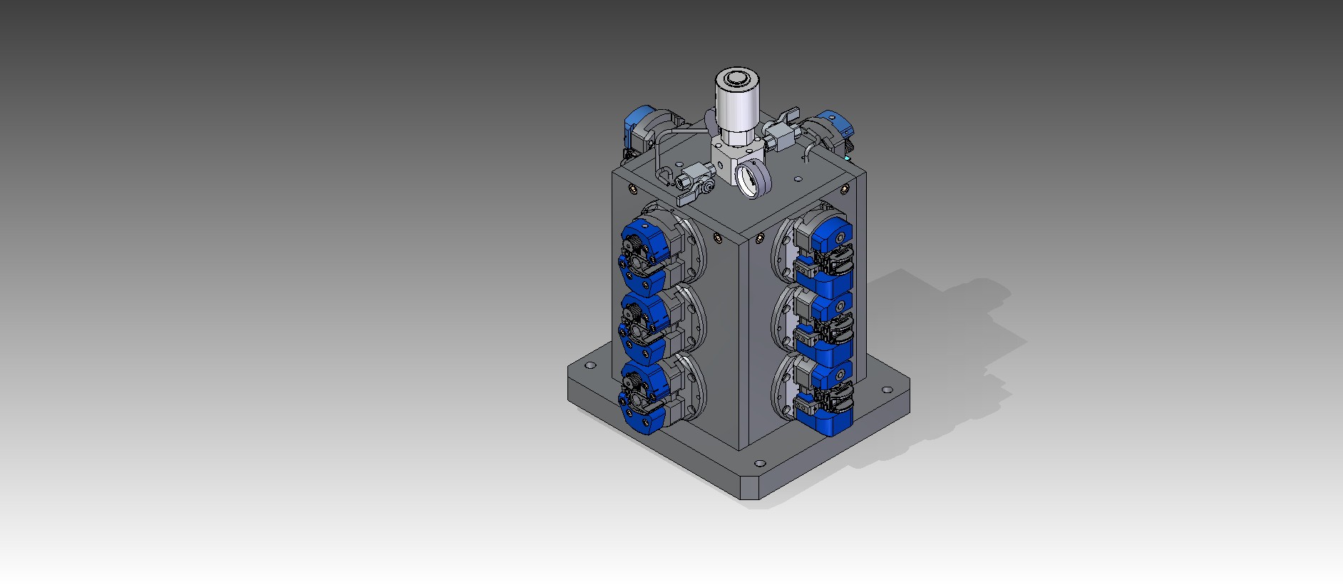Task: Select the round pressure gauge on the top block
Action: click(x=753, y=178)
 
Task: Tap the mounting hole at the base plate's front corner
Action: click(x=759, y=463)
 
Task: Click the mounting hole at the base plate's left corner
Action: click(x=590, y=365)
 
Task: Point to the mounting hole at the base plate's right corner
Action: click(x=887, y=390)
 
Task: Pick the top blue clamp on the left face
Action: click(x=646, y=257)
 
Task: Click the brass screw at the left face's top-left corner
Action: click(x=632, y=189)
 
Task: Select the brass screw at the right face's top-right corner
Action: click(x=845, y=189)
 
